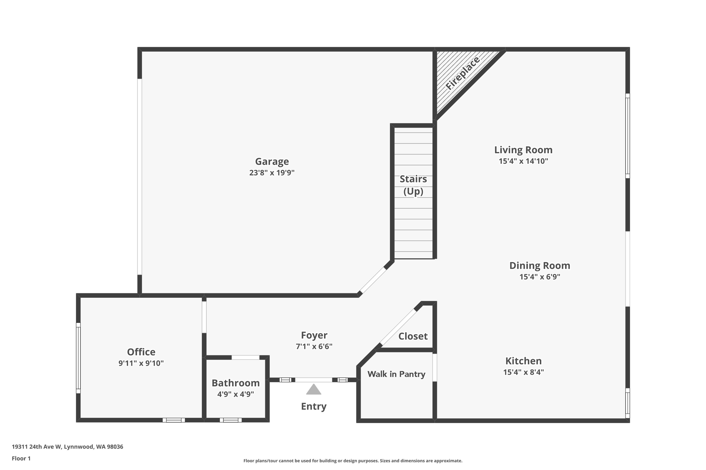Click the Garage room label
272,161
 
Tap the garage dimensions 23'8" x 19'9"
272,173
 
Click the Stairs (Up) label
413,185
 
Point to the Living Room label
523,150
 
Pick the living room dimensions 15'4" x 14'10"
523,161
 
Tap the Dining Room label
539,265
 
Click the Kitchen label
523,361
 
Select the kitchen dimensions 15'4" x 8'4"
523,372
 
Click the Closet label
413,336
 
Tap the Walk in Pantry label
396,374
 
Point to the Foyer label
314,335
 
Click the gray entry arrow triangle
314,390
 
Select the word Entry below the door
314,406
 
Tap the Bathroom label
235,383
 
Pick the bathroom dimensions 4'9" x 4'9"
235,394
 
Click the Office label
141,352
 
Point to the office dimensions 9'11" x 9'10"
141,363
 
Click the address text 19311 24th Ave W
37,447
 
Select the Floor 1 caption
21,458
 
